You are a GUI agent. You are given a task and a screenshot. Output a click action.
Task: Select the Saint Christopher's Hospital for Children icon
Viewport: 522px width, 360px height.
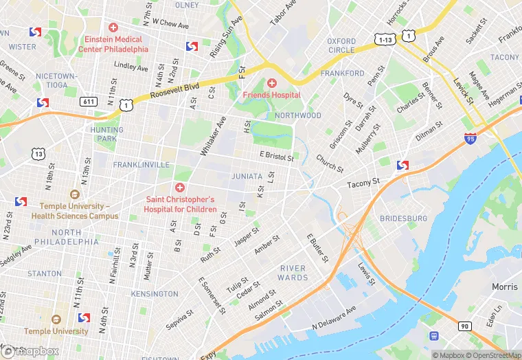[x=179, y=188]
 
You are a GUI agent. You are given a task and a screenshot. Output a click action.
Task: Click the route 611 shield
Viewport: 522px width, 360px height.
[x=89, y=101]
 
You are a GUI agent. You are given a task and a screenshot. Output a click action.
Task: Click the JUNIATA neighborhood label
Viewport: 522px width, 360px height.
[x=247, y=176]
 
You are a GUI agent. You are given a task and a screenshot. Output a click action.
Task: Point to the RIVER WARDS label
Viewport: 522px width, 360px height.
[x=293, y=273]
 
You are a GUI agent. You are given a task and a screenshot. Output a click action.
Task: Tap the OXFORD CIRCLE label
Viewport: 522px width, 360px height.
[x=341, y=45]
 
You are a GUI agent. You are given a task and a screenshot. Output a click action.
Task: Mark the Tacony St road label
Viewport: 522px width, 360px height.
[x=363, y=183]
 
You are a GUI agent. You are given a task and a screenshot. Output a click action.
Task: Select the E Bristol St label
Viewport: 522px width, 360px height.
[x=277, y=156]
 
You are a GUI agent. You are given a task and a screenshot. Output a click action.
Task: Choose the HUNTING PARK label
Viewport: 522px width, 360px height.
[x=106, y=134]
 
